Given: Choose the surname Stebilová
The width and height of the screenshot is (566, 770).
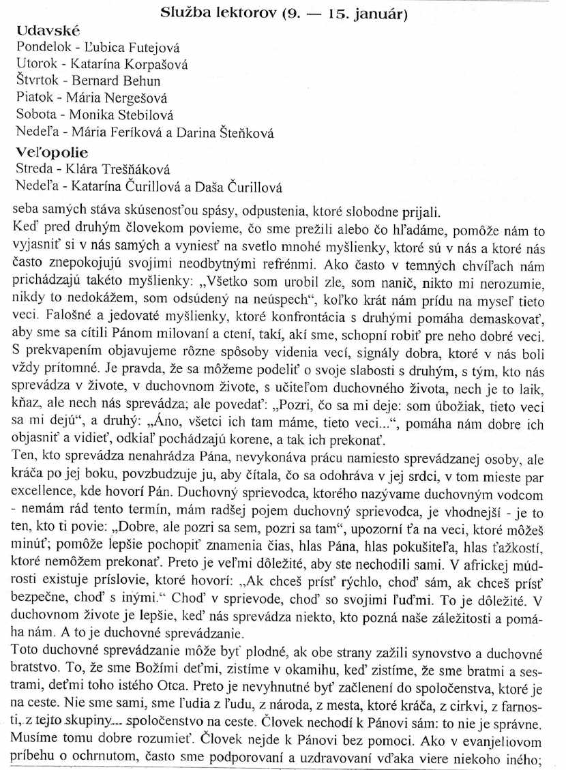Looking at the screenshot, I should click(141, 116).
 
